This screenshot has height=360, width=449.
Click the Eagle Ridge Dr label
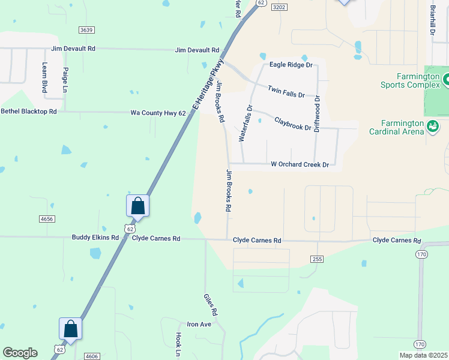(291, 64)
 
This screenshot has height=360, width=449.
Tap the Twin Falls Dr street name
(286, 92)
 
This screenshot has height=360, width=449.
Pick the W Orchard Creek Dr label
(300, 164)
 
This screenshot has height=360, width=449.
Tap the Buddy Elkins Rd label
(95, 238)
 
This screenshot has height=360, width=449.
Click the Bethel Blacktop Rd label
(29, 112)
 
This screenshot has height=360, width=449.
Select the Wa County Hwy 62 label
(158, 113)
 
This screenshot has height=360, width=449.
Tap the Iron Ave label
(199, 324)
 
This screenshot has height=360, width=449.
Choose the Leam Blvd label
(44, 77)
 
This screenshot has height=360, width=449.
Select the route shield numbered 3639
(86, 29)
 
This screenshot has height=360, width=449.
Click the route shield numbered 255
(318, 259)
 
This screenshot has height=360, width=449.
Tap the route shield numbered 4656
(47, 220)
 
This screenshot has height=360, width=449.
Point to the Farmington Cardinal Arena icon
(432, 125)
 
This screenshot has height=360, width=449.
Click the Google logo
(20, 353)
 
